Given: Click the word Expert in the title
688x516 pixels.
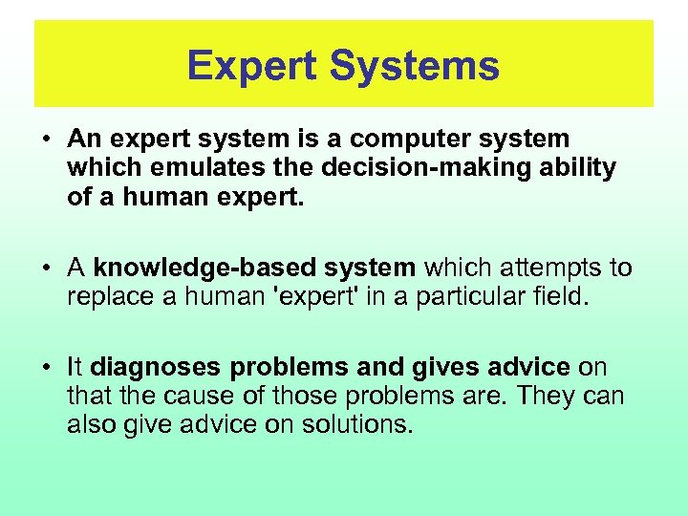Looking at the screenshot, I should pyautogui.click(x=252, y=66).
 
